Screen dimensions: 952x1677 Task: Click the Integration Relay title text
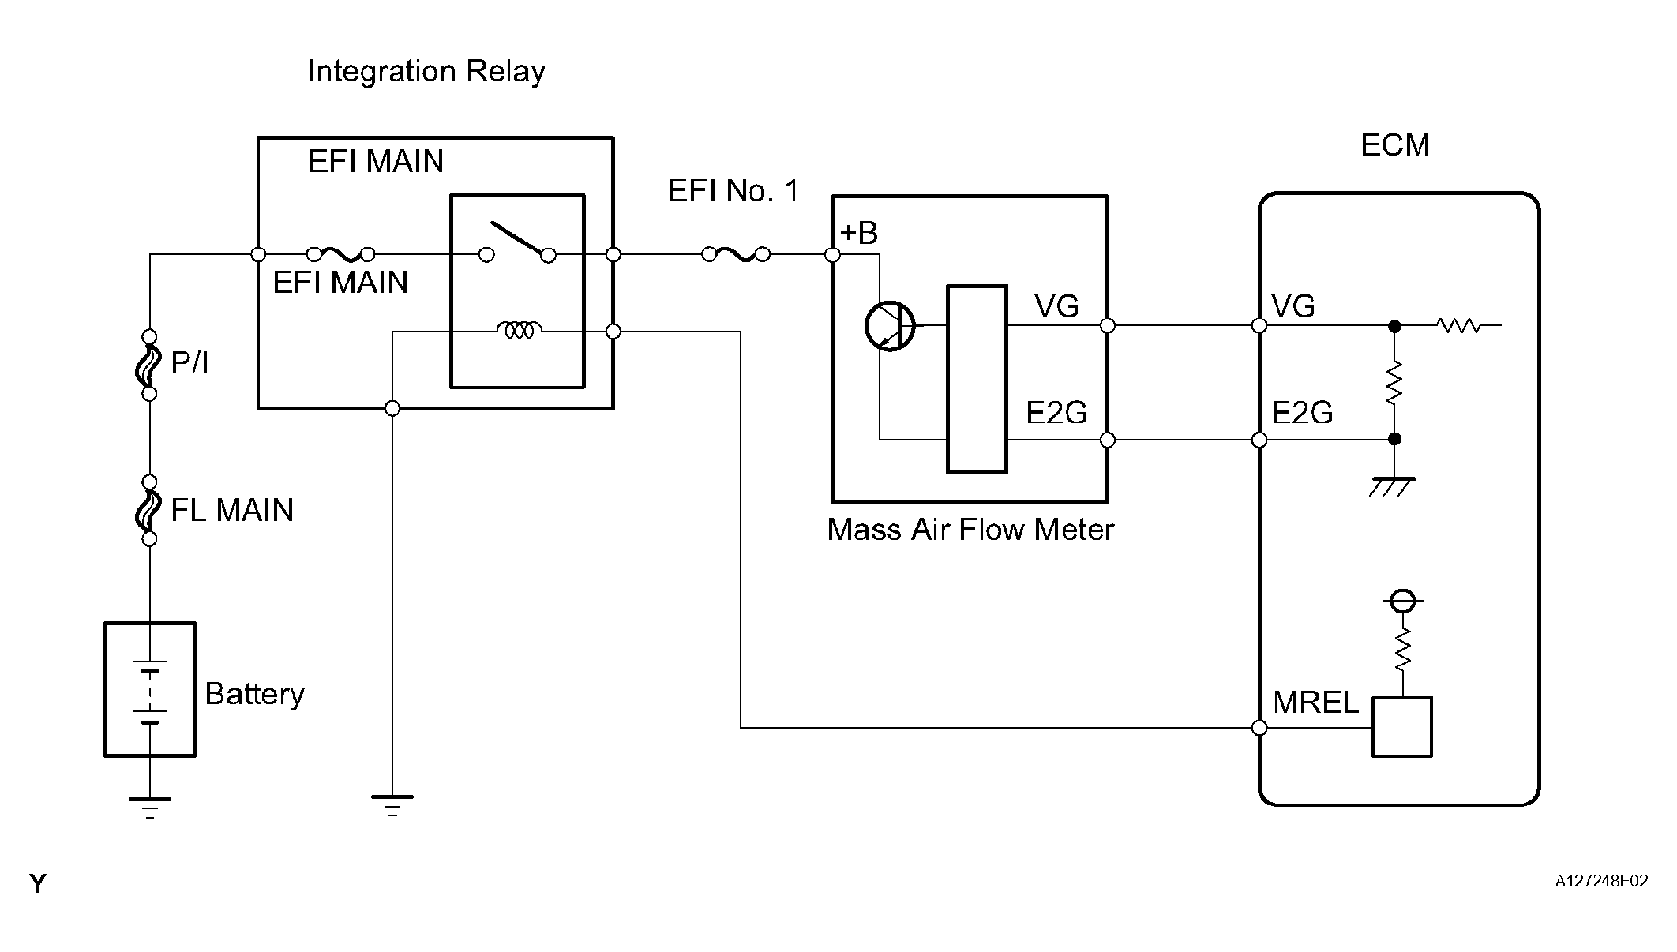(426, 72)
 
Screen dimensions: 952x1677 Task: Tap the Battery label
(254, 694)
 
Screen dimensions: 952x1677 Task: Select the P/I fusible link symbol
(148, 365)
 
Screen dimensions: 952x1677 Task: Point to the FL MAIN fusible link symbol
(148, 511)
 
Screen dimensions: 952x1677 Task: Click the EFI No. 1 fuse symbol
(736, 254)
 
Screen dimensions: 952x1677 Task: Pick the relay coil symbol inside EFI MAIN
(519, 329)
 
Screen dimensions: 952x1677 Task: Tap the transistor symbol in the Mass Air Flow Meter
(890, 326)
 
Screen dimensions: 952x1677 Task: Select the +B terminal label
(859, 233)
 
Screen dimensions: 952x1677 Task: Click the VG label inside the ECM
(1293, 306)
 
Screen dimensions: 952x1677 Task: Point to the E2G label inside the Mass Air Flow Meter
(1056, 412)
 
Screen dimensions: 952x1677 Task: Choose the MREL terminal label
(1315, 703)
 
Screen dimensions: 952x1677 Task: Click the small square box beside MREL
(1401, 727)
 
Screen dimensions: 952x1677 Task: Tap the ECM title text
(1395, 145)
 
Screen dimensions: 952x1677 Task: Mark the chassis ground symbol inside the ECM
(1394, 485)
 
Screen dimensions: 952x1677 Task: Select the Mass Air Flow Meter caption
(970, 530)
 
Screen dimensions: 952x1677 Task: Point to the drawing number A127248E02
(1601, 882)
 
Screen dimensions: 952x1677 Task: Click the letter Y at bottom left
(38, 883)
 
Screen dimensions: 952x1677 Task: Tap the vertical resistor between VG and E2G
(1394, 383)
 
